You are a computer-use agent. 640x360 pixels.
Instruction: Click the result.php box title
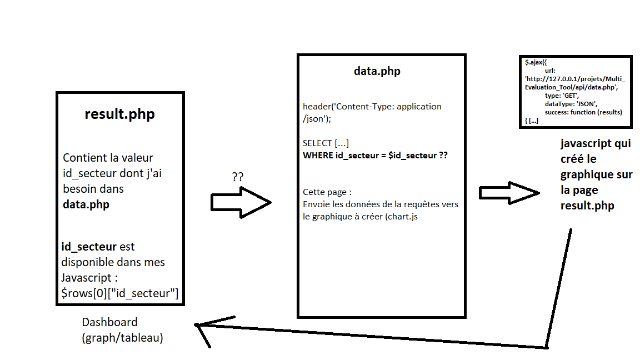[x=119, y=114]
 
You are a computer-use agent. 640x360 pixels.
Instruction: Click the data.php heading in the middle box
[x=377, y=71]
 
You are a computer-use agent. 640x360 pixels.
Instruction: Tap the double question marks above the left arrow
[x=237, y=177]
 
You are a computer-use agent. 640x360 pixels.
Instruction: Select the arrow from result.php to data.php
[x=241, y=202]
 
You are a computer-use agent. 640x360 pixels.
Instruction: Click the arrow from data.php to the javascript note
[x=509, y=193]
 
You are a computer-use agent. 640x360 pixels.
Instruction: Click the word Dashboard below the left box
[x=109, y=322]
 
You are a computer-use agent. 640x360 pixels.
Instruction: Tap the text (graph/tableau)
[x=122, y=337]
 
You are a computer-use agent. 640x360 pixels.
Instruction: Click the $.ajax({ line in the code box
[x=536, y=63]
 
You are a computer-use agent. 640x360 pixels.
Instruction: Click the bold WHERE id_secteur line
[x=375, y=156]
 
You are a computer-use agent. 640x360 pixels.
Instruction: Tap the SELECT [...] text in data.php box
[x=326, y=143]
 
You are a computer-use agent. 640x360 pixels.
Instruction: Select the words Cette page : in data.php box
[x=327, y=192]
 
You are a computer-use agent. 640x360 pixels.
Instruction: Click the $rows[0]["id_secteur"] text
[x=119, y=293]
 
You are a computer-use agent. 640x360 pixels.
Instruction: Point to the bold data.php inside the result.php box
[x=86, y=204]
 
